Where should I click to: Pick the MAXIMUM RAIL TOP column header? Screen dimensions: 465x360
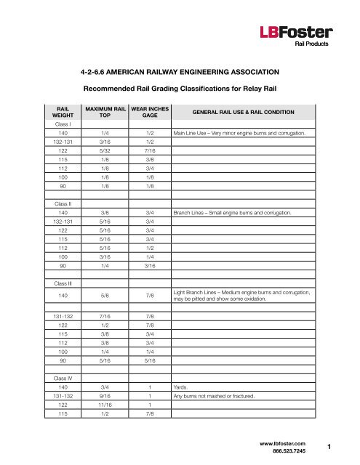tap(106, 111)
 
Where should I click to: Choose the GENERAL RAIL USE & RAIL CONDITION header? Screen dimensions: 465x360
tap(242, 112)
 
